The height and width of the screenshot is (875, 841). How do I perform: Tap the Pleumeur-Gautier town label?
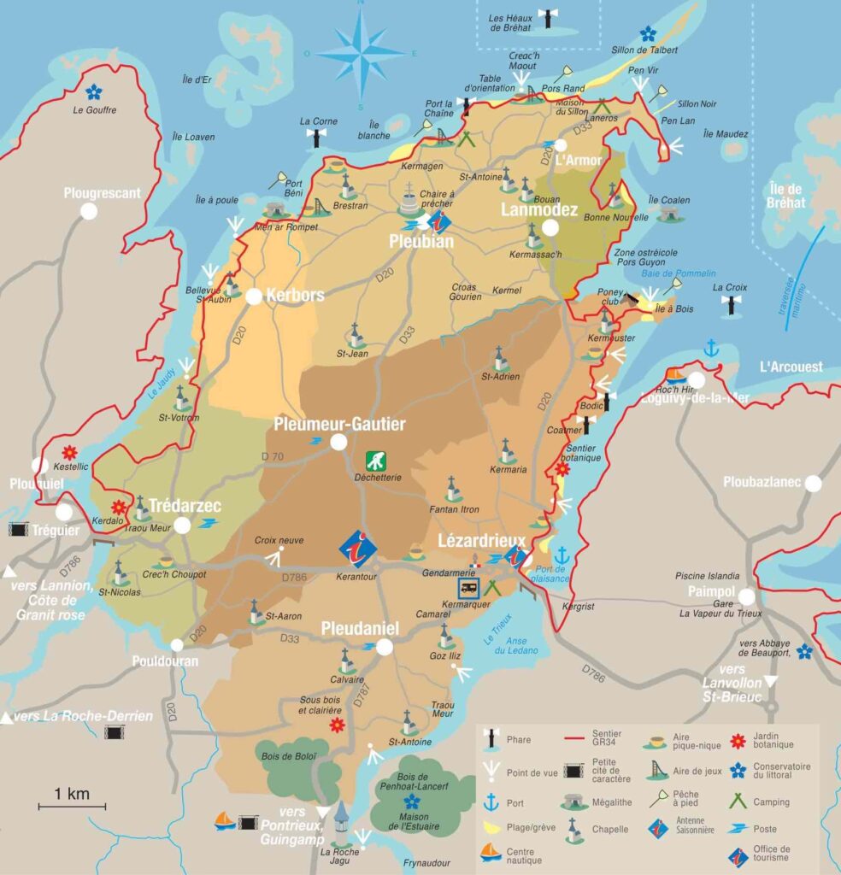(339, 424)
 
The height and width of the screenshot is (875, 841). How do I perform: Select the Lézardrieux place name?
(475, 541)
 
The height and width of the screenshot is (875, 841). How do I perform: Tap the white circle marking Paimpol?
(747, 596)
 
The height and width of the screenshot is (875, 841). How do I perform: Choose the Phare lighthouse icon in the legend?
(491, 739)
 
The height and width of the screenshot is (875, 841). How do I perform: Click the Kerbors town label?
(295, 296)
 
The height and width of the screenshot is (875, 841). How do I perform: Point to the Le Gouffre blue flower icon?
(94, 91)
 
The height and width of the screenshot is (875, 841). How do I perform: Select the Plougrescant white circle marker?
(88, 212)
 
